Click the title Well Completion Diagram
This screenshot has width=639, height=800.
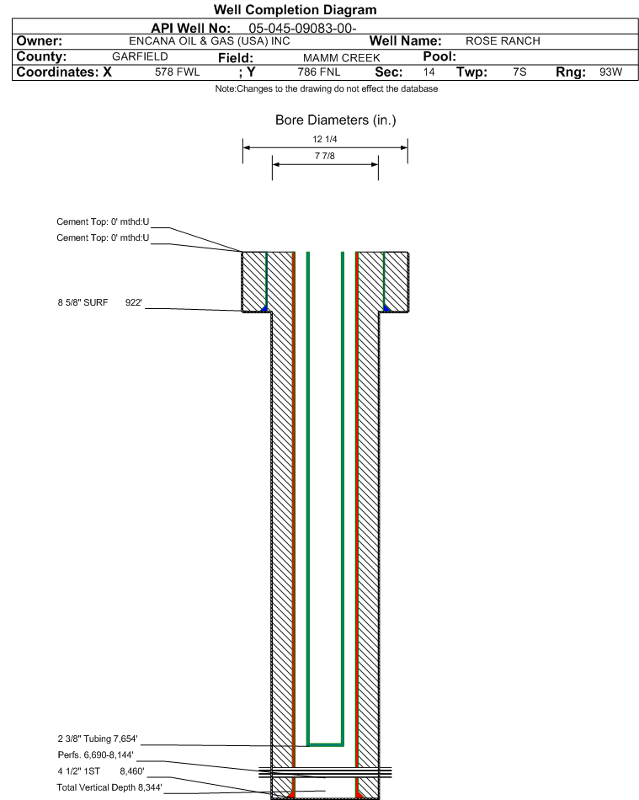295,10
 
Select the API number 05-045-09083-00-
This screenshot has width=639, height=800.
302,28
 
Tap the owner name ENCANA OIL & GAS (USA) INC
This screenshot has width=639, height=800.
209,41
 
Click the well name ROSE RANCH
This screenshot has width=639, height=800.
503,40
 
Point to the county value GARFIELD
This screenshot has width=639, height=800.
140,56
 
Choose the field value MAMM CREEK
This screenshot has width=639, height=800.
341,57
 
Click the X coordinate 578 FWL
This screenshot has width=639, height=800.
177,72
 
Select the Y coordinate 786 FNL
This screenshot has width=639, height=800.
319,72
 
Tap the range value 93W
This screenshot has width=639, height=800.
611,72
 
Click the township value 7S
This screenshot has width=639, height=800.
519,72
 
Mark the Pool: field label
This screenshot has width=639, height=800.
439,56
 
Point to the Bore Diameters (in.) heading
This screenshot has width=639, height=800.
336,120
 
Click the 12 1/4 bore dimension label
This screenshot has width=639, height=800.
325,139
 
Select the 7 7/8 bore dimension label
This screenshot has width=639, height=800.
325,156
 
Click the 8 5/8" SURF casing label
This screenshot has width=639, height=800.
83,302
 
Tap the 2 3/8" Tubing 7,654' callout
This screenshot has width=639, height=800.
98,739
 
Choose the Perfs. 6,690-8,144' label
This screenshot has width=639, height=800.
95,755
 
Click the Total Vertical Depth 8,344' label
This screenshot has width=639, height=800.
109,787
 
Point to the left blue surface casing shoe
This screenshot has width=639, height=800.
264,308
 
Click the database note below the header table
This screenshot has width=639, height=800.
327,88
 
